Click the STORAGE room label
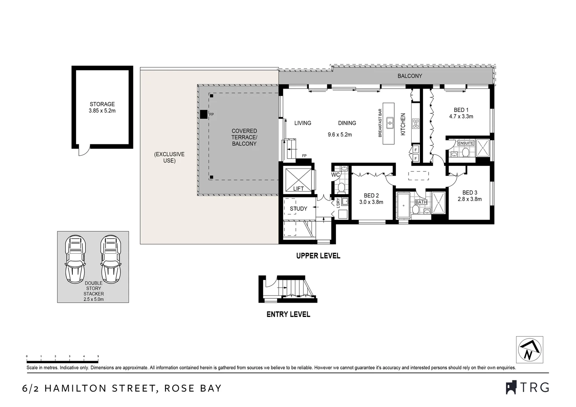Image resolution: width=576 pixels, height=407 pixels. (102, 104)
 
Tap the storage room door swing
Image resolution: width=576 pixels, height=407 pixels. (84, 150)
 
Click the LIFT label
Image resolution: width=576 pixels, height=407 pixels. (298, 188)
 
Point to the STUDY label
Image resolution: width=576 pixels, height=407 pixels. (298, 208)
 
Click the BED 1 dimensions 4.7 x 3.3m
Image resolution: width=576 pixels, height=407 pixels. (461, 116)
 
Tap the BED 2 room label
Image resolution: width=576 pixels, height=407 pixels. (371, 196)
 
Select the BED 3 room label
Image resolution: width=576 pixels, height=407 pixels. (470, 193)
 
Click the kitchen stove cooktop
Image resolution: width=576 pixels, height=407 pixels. (415, 123)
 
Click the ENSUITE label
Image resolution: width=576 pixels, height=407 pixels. (466, 143)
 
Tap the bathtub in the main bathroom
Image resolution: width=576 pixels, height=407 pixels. (404, 206)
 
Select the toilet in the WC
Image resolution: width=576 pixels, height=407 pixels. (342, 187)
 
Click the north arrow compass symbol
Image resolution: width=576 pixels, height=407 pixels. (529, 350)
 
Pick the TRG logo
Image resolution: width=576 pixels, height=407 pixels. (527, 387)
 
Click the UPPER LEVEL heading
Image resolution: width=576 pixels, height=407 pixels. (318, 256)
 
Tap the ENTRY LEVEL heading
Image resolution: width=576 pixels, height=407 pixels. (288, 314)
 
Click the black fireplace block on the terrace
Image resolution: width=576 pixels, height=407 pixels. (204, 114)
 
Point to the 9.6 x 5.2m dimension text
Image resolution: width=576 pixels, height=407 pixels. (340, 135)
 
